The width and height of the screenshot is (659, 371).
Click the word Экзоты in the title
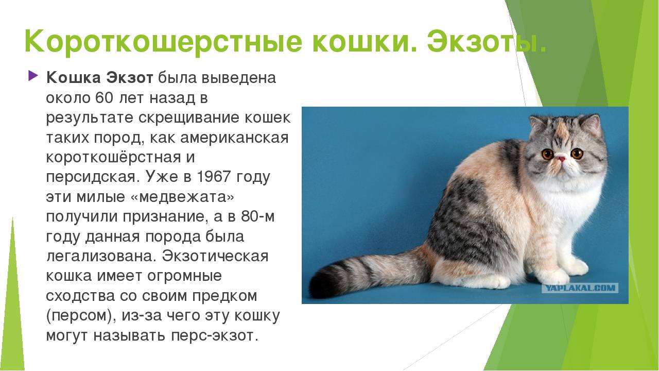[487, 42]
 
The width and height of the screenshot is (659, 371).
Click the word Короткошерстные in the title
[164, 42]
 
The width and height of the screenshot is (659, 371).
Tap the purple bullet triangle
[33, 76]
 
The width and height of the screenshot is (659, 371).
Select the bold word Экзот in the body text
[130, 78]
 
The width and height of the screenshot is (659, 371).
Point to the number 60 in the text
[104, 98]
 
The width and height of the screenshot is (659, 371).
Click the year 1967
[214, 177]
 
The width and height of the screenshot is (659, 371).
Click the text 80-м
[258, 216]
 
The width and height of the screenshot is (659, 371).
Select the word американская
[234, 138]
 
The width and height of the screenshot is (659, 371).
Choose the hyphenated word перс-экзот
[215, 335]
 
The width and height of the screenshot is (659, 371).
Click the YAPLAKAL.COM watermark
[580, 288]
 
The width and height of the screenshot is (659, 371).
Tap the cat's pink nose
[561, 159]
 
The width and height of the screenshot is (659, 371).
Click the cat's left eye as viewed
[547, 154]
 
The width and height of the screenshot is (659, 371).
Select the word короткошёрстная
[113, 157]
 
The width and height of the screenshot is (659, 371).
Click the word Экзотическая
[215, 256]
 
